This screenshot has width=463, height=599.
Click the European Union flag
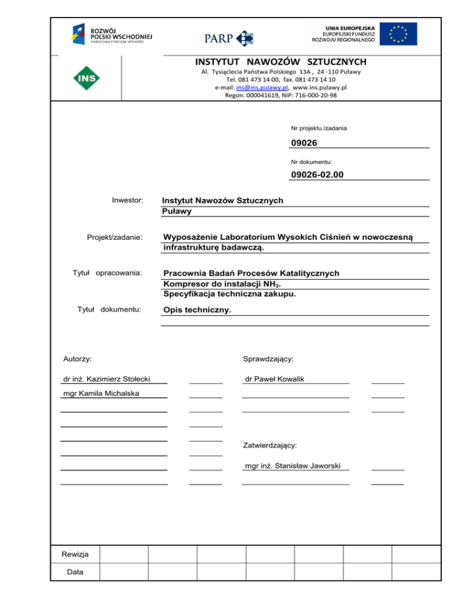[x=398, y=34]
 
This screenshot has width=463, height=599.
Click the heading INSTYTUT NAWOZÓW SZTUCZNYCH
[x=280, y=62]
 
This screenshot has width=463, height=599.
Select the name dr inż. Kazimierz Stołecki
[x=106, y=379]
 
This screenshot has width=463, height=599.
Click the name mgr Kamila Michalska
[x=101, y=394]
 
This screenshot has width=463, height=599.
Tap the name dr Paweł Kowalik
[x=274, y=379]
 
